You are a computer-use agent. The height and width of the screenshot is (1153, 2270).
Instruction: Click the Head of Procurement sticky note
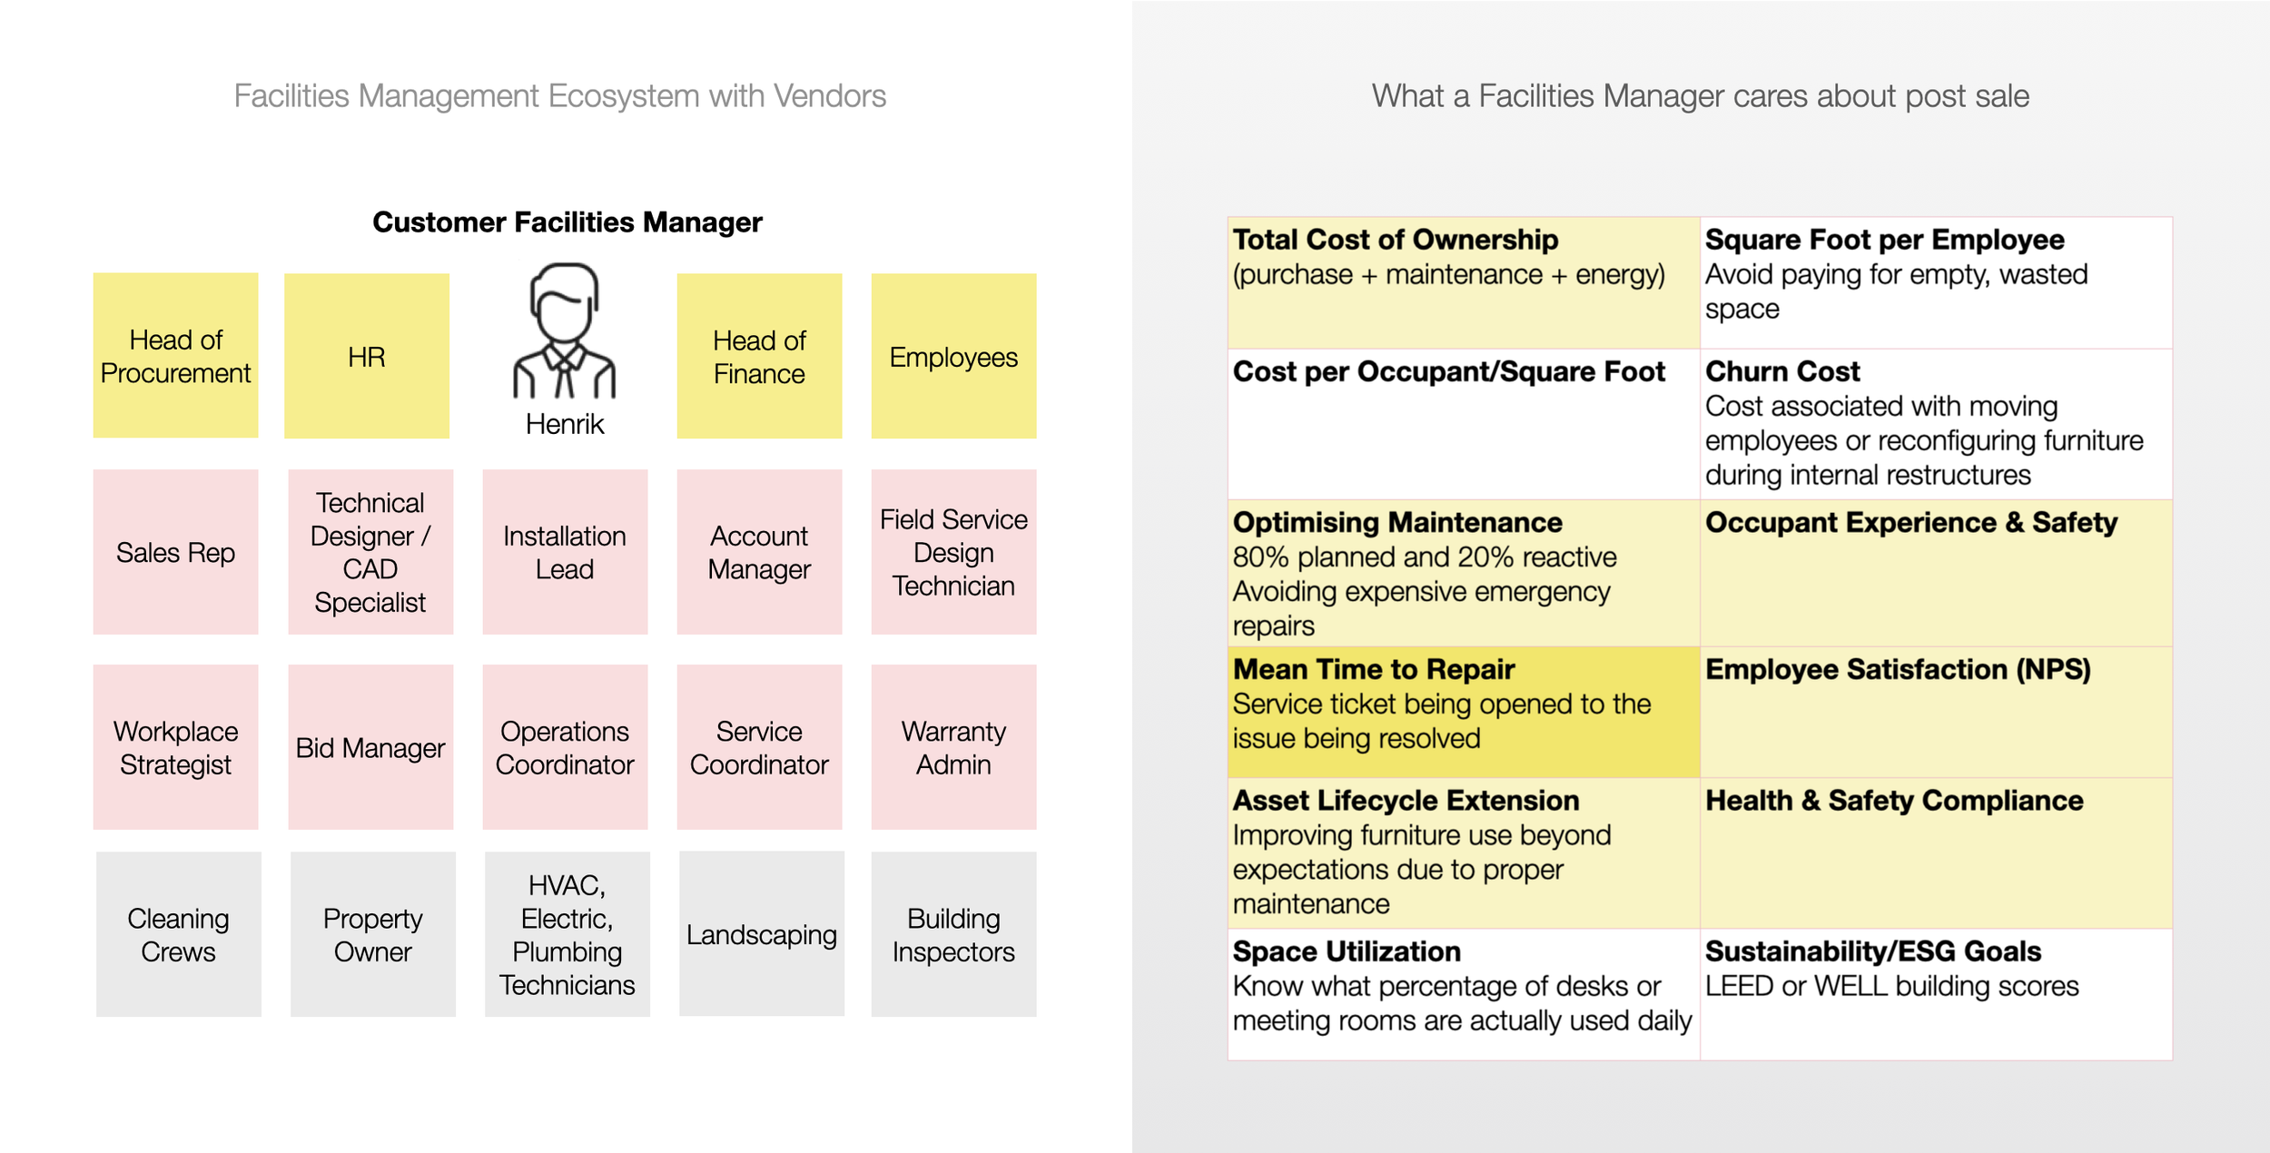pyautogui.click(x=175, y=355)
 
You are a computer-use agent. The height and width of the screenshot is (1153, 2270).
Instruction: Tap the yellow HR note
pyautogui.click(x=366, y=356)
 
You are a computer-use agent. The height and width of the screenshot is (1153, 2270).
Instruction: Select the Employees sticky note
pyautogui.click(x=953, y=356)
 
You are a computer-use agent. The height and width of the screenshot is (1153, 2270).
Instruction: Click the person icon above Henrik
pyautogui.click(x=564, y=331)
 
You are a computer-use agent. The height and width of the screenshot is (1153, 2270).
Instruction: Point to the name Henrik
pyautogui.click(x=564, y=424)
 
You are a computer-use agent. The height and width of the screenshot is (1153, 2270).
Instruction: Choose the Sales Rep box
pyautogui.click(x=175, y=552)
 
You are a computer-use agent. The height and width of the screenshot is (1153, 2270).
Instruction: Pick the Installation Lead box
pyautogui.click(x=564, y=552)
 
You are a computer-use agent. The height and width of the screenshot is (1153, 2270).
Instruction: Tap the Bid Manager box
pyautogui.click(x=370, y=747)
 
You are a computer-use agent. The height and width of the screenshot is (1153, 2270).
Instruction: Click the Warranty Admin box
pyautogui.click(x=953, y=747)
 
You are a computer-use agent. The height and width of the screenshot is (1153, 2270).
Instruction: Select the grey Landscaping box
pyautogui.click(x=761, y=934)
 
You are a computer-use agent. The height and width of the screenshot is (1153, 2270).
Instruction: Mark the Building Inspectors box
pyautogui.click(x=953, y=934)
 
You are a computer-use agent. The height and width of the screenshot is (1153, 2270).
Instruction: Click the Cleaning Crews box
pyautogui.click(x=178, y=934)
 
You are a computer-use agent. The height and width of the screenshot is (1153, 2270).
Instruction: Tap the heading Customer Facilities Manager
pyautogui.click(x=567, y=222)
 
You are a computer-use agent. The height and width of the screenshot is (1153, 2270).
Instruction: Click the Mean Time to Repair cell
pyautogui.click(x=1462, y=712)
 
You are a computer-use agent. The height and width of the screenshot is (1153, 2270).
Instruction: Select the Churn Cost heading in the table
pyautogui.click(x=1781, y=371)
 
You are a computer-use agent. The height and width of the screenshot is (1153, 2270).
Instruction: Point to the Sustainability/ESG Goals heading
pyautogui.click(x=1872, y=951)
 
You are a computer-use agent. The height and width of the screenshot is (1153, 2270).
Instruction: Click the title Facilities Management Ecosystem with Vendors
pyautogui.click(x=559, y=96)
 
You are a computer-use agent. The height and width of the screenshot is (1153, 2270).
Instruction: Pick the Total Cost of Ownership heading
pyautogui.click(x=1395, y=240)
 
